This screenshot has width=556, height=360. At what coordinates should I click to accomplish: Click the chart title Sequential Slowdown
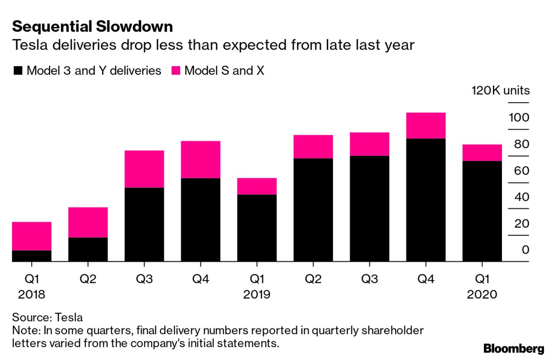[x=93, y=27]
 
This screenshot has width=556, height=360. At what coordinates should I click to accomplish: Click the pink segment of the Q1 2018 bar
[x=32, y=236]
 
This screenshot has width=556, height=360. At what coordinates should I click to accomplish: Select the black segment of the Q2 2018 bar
[x=88, y=250]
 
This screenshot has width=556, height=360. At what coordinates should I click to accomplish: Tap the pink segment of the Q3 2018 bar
[x=144, y=169]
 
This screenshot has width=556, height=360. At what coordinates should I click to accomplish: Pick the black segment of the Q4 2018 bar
[x=201, y=220]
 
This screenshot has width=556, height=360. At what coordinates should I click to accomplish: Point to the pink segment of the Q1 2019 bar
[x=257, y=186]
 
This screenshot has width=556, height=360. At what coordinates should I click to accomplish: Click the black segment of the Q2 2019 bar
[x=313, y=210]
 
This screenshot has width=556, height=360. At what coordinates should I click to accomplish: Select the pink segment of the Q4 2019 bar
[x=426, y=125]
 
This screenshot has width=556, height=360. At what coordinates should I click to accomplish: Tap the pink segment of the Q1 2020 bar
[x=482, y=153]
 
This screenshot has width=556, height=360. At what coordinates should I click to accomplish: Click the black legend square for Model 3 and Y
[x=18, y=71]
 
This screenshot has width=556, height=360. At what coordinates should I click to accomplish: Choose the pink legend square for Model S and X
[x=176, y=71]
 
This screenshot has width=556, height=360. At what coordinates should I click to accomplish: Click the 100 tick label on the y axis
[x=519, y=118]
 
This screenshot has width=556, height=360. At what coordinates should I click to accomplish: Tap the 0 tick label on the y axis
[x=525, y=250]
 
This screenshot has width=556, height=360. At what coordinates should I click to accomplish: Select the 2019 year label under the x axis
[x=257, y=295]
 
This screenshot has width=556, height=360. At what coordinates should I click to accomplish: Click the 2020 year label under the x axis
[x=482, y=295]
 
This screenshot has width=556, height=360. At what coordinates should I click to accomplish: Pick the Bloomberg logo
[x=514, y=348]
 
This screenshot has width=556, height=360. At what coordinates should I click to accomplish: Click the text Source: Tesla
[x=48, y=317]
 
